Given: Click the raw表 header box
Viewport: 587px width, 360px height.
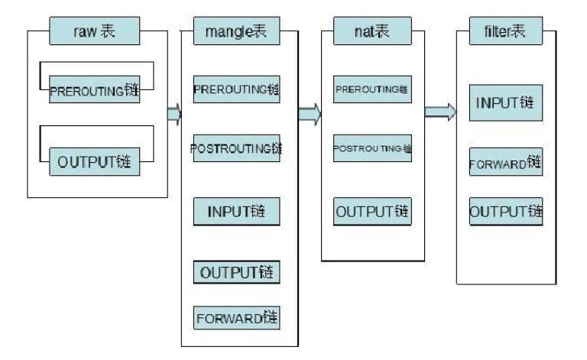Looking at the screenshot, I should tap(96, 32).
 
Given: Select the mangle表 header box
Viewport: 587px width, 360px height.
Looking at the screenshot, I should tap(236, 32).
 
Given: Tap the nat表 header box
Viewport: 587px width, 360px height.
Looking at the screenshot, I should tap(372, 32).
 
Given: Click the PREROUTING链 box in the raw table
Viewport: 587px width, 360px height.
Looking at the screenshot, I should tap(95, 90).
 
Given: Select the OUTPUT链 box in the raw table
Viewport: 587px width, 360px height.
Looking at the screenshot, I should tap(95, 162).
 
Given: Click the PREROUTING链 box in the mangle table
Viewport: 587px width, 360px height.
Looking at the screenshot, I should tap(236, 89).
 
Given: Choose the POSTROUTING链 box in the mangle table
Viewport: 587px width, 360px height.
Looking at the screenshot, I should tap(236, 148).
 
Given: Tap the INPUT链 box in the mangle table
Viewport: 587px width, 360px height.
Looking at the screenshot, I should tap(236, 211).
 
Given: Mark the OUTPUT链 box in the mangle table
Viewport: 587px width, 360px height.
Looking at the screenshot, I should tap(236, 272).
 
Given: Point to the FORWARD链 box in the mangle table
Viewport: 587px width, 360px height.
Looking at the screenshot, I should tap(236, 318).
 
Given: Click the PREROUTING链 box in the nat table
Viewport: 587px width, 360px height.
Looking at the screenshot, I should tap(372, 89).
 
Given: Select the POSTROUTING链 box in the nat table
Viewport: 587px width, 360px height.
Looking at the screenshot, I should tap(372, 148).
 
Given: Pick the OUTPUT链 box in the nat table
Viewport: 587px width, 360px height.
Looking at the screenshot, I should tap(372, 211).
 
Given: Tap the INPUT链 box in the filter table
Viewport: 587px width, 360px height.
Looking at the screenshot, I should tap(506, 103).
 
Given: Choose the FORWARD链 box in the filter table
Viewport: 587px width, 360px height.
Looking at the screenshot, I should tap(506, 162).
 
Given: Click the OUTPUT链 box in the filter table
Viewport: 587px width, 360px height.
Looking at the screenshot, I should tap(506, 211).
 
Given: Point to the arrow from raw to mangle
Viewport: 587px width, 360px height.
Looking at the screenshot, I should tap(174, 114).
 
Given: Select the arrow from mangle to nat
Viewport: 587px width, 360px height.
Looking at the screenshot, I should tap(310, 114).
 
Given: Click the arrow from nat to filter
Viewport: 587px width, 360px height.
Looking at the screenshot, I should tap(440, 112).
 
